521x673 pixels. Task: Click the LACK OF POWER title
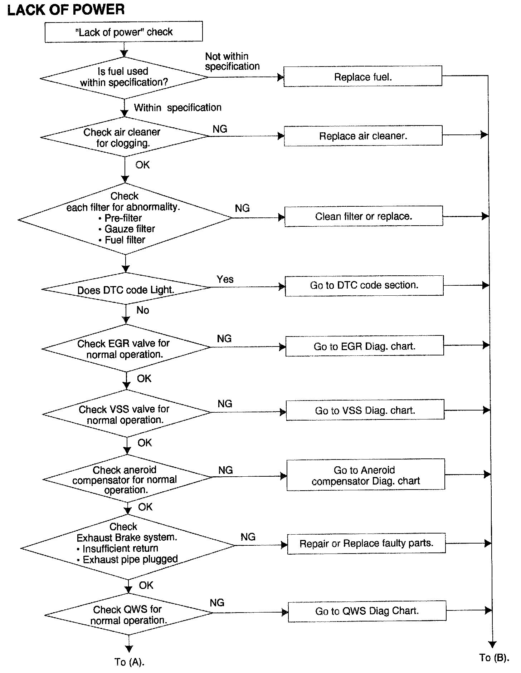point(66,10)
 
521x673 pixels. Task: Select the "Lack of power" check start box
point(123,32)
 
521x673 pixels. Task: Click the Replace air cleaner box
point(363,136)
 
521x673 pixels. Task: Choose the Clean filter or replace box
point(364,216)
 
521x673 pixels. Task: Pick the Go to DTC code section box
point(364,285)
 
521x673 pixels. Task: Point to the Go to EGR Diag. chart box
point(364,346)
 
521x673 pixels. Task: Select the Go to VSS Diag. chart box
point(365,410)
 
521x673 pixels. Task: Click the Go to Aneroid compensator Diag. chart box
point(365,475)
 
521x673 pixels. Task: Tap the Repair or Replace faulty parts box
point(366,544)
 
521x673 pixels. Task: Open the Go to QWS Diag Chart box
point(367,611)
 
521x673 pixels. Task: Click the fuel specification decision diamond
point(124,77)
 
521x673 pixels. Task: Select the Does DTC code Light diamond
point(126,289)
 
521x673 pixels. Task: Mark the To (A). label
point(129,662)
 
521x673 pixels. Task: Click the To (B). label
point(494,657)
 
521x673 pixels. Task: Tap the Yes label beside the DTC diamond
point(225,279)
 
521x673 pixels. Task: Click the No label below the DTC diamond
point(142,310)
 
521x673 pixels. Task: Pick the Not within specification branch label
point(232,61)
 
